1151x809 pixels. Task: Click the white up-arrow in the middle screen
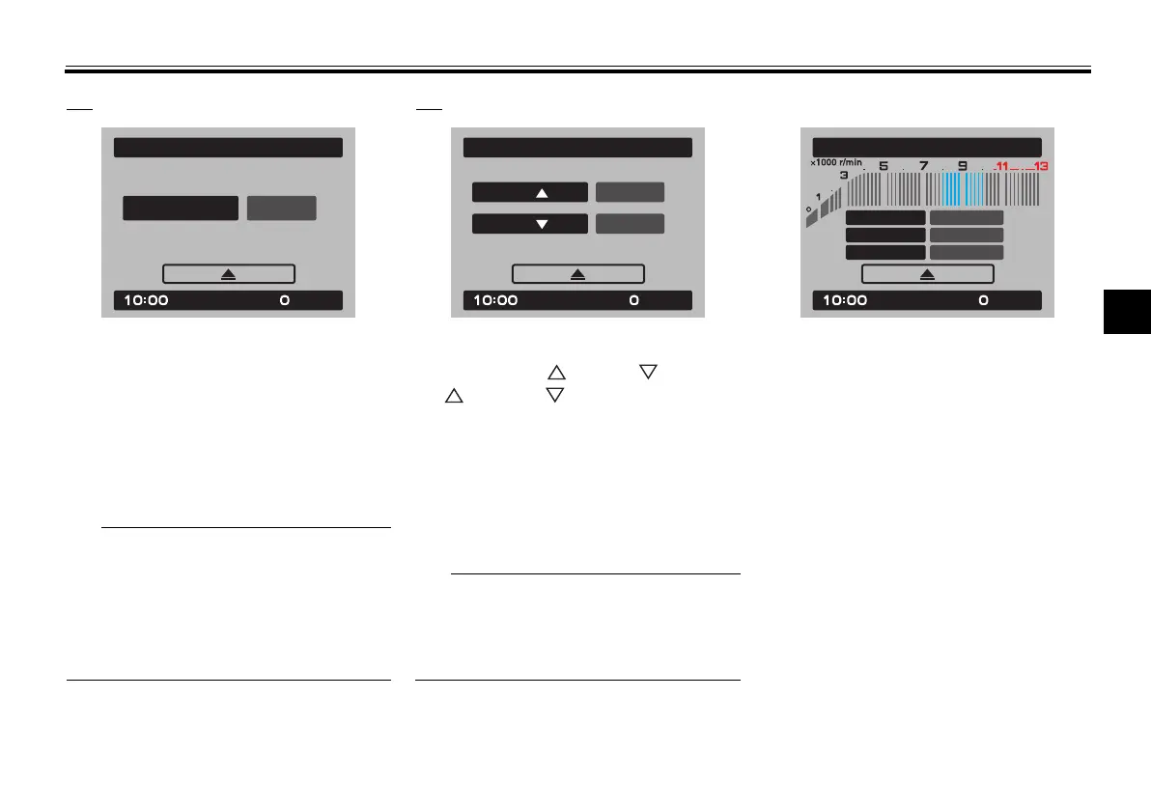[541, 192]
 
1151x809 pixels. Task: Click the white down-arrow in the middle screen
[541, 224]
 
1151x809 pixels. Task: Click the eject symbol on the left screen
[228, 274]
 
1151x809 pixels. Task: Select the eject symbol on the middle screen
[577, 274]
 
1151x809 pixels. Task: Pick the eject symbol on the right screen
[927, 274]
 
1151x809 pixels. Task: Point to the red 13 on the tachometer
[1040, 166]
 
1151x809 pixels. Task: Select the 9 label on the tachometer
[962, 165]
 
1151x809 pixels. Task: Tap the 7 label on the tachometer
[923, 165]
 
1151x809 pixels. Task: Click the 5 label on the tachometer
[883, 165]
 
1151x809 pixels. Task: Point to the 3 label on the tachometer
[844, 175]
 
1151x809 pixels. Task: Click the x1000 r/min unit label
[836, 162]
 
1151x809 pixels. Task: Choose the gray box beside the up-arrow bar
[630, 192]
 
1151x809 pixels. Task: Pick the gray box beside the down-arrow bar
[630, 224]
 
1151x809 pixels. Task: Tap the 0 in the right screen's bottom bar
[983, 301]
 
